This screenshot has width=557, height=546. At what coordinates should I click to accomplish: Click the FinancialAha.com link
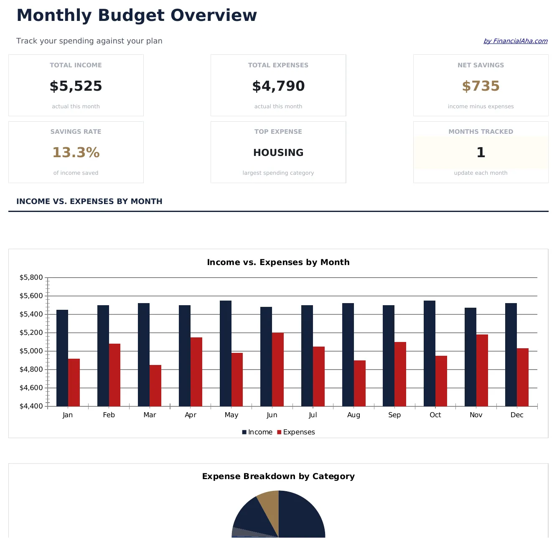pyautogui.click(x=515, y=41)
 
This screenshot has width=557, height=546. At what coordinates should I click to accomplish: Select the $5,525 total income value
pyautogui.click(x=76, y=86)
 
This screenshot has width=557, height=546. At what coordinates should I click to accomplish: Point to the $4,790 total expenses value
pyautogui.click(x=278, y=86)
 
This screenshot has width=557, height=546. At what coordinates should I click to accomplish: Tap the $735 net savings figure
pyautogui.click(x=481, y=86)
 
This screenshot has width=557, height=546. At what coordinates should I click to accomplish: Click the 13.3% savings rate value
pyautogui.click(x=76, y=153)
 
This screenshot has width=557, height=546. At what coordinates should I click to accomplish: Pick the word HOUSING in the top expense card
pyautogui.click(x=278, y=153)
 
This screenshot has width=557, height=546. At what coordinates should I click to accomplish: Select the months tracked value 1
pyautogui.click(x=481, y=153)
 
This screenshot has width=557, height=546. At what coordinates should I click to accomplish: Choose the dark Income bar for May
pyautogui.click(x=225, y=353)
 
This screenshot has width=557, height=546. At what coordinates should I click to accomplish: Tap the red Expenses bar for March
pyautogui.click(x=155, y=385)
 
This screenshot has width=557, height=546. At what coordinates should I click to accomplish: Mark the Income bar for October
pyautogui.click(x=429, y=353)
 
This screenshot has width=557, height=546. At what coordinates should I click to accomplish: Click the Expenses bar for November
pyautogui.click(x=482, y=370)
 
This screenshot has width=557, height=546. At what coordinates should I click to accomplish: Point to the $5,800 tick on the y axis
pyautogui.click(x=31, y=278)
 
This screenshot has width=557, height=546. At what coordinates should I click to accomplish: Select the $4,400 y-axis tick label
pyautogui.click(x=31, y=406)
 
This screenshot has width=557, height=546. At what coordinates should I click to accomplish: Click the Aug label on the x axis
pyautogui.click(x=354, y=415)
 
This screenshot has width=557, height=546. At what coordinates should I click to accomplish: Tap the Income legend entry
pyautogui.click(x=257, y=432)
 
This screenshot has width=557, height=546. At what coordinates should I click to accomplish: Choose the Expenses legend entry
pyautogui.click(x=296, y=432)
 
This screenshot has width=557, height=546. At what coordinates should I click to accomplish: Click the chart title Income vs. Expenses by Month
pyautogui.click(x=278, y=263)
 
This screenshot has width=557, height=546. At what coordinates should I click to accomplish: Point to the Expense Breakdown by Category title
pyautogui.click(x=278, y=477)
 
